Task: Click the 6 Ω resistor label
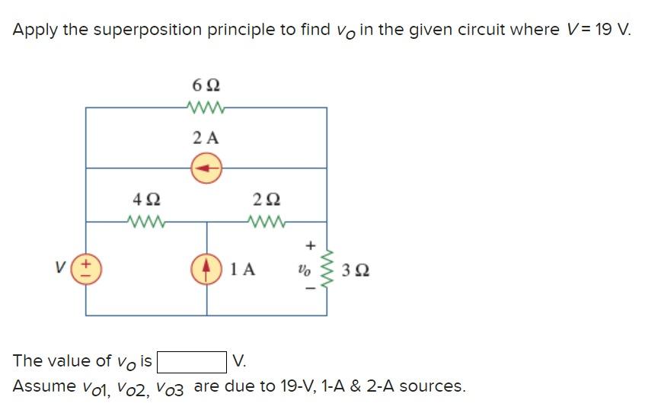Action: [206, 83]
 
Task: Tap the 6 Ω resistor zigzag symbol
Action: [206, 107]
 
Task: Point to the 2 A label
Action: [206, 138]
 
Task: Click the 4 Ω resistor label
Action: [146, 200]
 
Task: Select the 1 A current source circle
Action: [206, 269]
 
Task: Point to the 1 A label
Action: [243, 269]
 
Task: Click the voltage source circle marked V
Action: [86, 269]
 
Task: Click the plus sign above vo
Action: [309, 245]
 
